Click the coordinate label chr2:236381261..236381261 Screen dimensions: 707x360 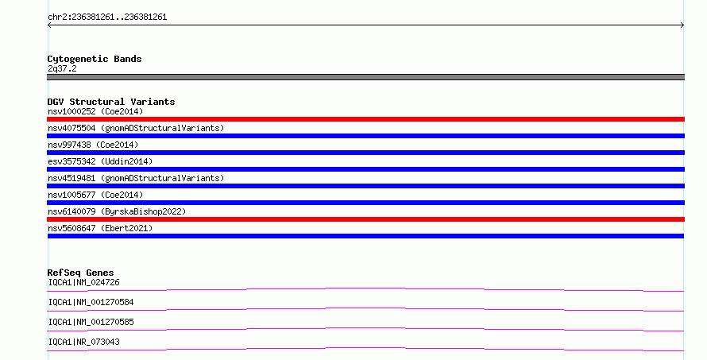[107, 17]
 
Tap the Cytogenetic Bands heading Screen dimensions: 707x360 [95, 59]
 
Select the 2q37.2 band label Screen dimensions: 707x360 [62, 68]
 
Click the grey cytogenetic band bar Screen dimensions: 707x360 [365, 77]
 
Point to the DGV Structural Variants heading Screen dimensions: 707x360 [111, 102]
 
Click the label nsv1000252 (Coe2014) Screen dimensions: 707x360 [95, 111]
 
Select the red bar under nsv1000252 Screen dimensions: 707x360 [365, 119]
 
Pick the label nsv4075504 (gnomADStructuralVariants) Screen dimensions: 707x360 [136, 128]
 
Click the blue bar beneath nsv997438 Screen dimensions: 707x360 [365, 153]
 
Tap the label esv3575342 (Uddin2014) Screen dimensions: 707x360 [100, 161]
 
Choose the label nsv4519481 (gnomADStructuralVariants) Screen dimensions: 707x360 [136, 178]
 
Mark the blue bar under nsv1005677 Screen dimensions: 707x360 [365, 203]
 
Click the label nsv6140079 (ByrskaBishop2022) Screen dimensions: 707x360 [117, 211]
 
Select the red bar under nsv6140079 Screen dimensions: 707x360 [365, 219]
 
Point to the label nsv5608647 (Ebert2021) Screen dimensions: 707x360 [100, 228]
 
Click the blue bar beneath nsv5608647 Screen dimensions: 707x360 [365, 236]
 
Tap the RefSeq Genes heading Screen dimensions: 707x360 [80, 273]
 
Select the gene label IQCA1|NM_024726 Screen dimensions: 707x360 [84, 282]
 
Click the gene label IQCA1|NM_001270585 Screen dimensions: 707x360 [91, 322]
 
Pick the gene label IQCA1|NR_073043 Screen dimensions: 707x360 [84, 342]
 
